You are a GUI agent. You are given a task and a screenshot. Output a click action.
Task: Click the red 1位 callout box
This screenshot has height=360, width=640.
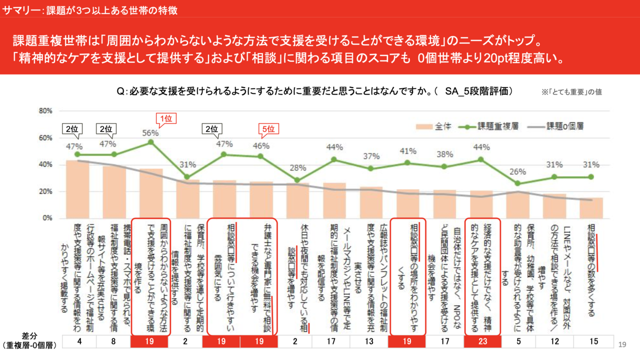[x=166, y=119]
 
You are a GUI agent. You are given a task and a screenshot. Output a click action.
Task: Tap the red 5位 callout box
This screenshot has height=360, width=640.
[x=268, y=129]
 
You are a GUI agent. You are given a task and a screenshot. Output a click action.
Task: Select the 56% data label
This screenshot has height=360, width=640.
[x=150, y=133]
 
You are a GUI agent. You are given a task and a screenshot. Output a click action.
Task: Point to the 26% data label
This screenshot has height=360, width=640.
[x=518, y=172]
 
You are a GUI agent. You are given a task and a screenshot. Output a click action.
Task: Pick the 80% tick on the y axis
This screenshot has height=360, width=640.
[x=46, y=111]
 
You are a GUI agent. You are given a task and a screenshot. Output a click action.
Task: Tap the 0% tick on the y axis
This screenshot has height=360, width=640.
[x=48, y=218]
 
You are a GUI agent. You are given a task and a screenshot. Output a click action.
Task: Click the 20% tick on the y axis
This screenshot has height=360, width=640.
[x=46, y=191]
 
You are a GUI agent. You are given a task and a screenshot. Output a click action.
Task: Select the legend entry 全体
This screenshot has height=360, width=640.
[x=434, y=126]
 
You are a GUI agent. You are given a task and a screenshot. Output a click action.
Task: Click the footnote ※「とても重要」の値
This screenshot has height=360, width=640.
[x=571, y=92]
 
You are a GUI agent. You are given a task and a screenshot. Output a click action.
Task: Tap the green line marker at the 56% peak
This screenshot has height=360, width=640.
[x=150, y=142]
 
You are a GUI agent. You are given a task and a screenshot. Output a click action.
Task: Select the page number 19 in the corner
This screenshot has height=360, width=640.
[x=622, y=344]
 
